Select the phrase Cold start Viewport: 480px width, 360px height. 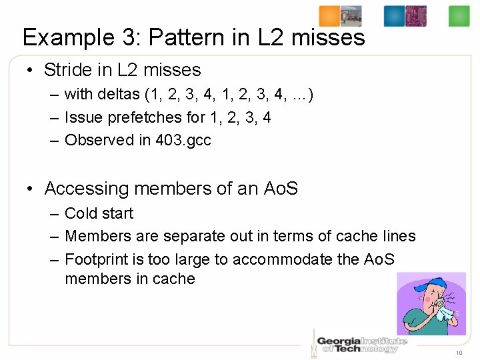click(x=99, y=213)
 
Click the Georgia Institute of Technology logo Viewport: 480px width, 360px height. click(x=360, y=341)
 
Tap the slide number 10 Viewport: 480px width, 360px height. click(x=459, y=353)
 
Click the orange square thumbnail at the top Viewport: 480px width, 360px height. click(x=329, y=15)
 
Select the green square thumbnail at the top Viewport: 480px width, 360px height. click(x=459, y=16)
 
